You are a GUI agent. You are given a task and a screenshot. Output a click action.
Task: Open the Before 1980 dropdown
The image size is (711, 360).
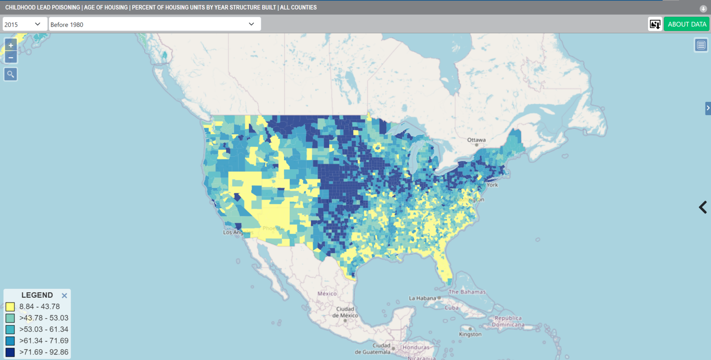pos(154,24)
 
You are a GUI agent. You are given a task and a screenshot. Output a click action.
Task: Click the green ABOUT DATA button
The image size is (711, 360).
pos(687,24)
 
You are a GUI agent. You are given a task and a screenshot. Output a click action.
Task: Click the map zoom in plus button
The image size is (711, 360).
pos(11,46)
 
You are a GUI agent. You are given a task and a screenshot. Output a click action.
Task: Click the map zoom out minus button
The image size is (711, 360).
pos(11,58)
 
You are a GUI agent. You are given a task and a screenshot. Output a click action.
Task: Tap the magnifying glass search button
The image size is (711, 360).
pos(11,74)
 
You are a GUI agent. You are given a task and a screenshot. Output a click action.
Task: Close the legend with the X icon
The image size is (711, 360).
pos(64,296)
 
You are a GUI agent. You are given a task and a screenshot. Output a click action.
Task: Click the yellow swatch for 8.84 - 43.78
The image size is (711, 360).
pos(10,307)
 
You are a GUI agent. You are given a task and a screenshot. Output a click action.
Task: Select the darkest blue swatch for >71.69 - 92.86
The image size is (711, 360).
pos(10,352)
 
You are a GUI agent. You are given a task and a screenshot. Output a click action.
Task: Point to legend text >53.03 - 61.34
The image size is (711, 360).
pos(44,329)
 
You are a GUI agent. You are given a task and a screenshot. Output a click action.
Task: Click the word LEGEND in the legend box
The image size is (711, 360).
pos(37,295)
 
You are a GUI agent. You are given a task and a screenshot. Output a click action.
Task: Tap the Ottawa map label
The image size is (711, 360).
pos(476,140)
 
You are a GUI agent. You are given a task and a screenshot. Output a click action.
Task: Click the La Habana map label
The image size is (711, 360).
pos(423,298)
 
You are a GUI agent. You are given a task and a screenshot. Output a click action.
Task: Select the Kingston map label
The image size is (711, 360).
pos(470,334)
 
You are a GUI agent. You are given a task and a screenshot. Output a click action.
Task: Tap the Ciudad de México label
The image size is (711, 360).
pos(345,312)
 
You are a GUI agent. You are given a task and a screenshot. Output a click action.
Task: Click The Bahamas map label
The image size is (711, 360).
pos(467,292)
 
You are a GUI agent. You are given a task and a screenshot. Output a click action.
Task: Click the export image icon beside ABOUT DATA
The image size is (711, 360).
pos(655,24)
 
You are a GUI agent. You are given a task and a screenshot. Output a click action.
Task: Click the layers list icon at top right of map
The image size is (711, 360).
pos(701,45)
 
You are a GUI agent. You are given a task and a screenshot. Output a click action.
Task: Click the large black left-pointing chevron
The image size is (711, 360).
pos(702,207)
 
